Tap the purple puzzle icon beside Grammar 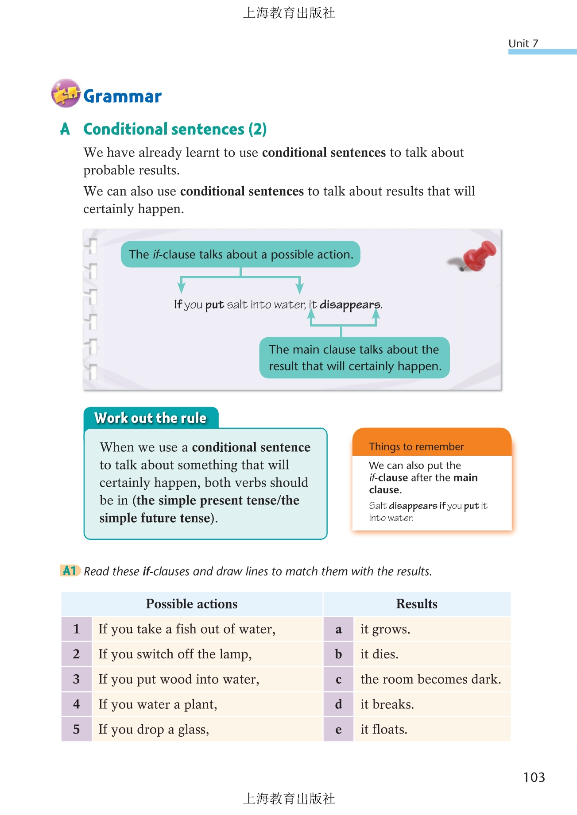(x=66, y=93)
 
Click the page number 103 (x=534, y=777)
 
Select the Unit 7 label (x=523, y=43)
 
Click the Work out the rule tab (x=151, y=418)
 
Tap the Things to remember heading (x=416, y=446)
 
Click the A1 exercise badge (x=70, y=570)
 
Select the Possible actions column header (x=192, y=604)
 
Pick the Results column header (x=417, y=604)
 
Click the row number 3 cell (x=77, y=679)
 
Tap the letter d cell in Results (x=338, y=704)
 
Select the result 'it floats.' (x=383, y=729)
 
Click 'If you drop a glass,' (x=154, y=729)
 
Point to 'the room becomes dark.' (x=430, y=679)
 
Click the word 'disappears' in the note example (x=350, y=305)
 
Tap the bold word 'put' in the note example (x=214, y=305)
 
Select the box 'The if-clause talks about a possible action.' (x=240, y=254)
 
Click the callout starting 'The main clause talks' (x=354, y=358)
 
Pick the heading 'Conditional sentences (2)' (x=175, y=129)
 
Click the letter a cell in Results (x=338, y=629)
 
